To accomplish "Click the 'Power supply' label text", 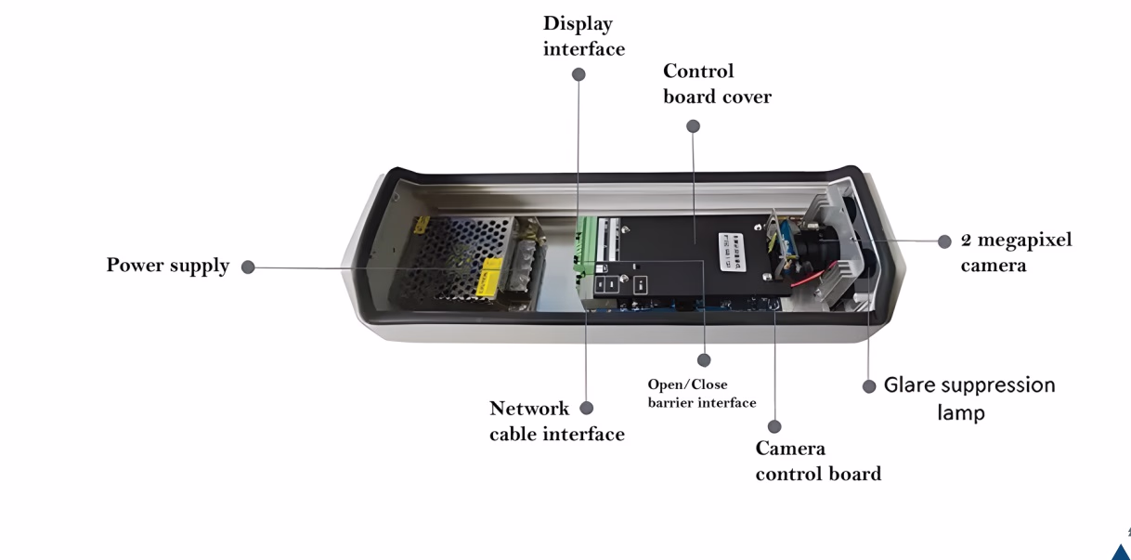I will tap(167, 266).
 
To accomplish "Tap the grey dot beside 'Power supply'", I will tap(248, 267).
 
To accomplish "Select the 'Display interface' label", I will tap(583, 36).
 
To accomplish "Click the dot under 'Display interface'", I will tap(578, 74).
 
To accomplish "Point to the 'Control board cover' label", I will tap(717, 84).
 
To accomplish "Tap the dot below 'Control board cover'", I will tap(694, 126).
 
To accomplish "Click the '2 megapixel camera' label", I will tap(1016, 252).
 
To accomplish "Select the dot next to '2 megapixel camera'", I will tap(944, 241).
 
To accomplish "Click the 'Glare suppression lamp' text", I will tap(969, 397).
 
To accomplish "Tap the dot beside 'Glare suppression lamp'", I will tap(869, 386).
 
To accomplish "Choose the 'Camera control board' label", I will tap(817, 461).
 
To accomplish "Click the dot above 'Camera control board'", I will tap(774, 426).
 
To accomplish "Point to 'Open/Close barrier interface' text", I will tap(701, 393).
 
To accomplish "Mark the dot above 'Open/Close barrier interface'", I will tap(704, 359).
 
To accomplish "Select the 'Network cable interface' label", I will tap(556, 421).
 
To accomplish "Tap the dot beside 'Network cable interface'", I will tap(586, 408).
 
